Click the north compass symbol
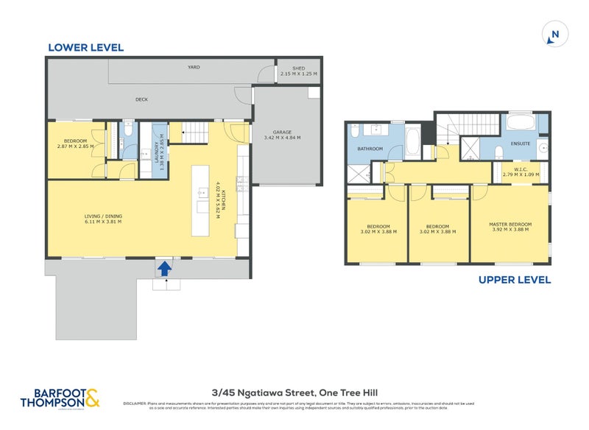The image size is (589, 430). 555,35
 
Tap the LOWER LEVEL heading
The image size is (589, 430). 85,48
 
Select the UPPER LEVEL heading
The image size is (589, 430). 514,280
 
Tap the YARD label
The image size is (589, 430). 194,67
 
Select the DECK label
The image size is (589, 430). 142,99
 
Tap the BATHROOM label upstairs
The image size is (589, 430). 370,149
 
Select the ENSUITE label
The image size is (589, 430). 521,143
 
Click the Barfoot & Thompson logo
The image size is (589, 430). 65,398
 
